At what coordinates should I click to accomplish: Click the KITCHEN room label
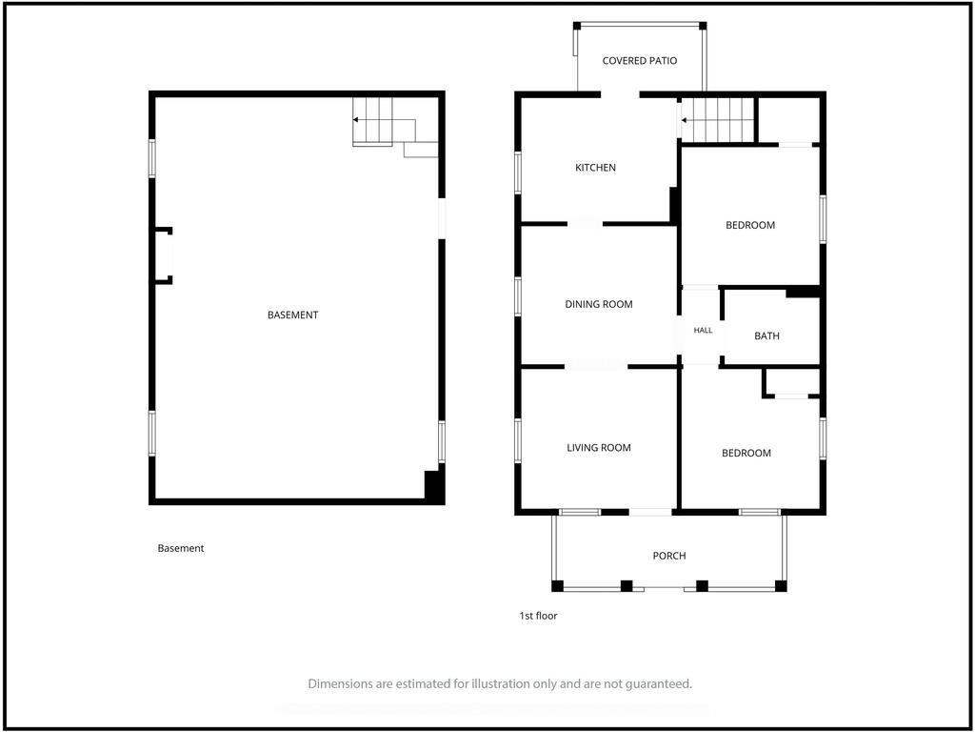pos(595,168)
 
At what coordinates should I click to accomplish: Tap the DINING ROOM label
pos(598,304)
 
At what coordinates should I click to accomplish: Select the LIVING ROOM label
pos(598,448)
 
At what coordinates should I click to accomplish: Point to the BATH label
pos(766,336)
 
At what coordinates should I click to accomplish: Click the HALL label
pos(703,331)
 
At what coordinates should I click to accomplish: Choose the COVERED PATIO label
pos(639,61)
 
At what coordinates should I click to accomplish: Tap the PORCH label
pos(669,556)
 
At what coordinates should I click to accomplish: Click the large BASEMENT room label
pos(293,315)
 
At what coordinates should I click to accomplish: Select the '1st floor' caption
pos(539,617)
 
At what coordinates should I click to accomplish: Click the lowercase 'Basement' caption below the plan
pos(180,548)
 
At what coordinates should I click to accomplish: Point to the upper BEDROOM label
pos(750,225)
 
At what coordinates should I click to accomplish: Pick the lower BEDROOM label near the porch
pos(746,453)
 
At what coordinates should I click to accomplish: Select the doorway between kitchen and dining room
pos(585,223)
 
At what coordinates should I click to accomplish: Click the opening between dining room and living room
pos(596,367)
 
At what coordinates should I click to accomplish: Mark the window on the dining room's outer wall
pos(517,297)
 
